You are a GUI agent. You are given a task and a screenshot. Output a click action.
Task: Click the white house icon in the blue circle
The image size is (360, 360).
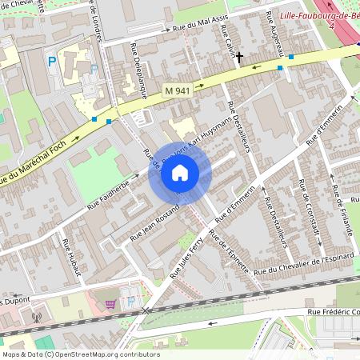(x=180, y=172)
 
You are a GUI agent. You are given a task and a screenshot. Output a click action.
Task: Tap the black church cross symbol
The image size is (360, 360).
(x=238, y=57)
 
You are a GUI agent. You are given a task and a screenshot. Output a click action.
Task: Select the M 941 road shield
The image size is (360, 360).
(x=177, y=90)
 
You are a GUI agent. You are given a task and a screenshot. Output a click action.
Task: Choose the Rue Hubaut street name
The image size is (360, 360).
(x=72, y=256)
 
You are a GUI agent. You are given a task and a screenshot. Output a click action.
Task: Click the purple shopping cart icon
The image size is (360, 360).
(x=110, y=303)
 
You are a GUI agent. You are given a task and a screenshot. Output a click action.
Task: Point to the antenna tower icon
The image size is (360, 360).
(x=35, y=316)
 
